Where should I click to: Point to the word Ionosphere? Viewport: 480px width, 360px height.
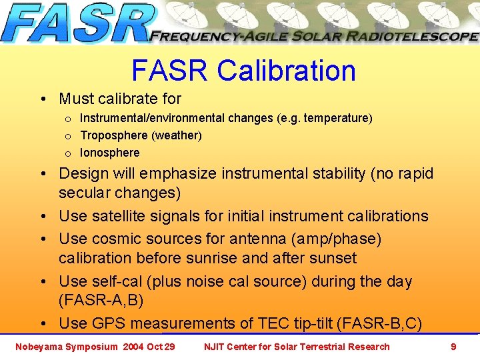[x=110, y=153]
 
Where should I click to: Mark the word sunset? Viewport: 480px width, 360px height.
[x=333, y=258]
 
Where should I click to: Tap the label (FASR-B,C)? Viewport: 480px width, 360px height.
[x=379, y=324]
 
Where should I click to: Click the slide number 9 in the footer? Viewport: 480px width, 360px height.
[x=453, y=347]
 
